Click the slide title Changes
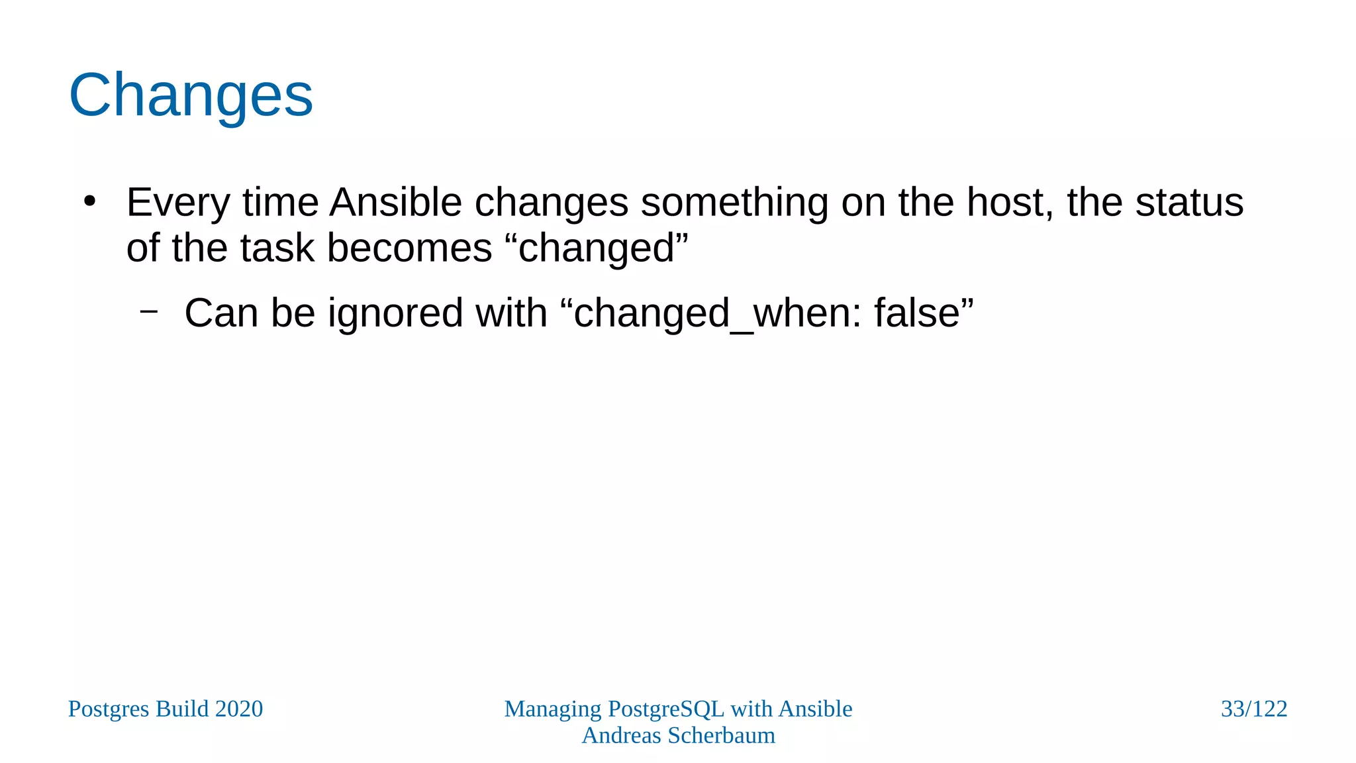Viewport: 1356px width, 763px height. (191, 96)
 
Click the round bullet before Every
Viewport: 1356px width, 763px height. (90, 201)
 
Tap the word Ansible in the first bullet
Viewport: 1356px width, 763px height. (395, 202)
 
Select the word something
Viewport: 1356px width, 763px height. (734, 203)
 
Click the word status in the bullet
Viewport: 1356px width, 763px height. (1189, 202)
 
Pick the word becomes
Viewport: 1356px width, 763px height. (409, 248)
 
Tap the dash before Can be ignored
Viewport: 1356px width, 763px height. (149, 310)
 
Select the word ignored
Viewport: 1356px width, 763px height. (395, 313)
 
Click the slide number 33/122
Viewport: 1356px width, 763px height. (1253, 709)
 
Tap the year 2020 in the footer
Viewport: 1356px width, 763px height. (238, 709)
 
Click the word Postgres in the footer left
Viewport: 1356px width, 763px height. (109, 709)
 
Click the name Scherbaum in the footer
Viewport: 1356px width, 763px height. (721, 735)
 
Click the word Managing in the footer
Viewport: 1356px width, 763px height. (553, 709)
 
